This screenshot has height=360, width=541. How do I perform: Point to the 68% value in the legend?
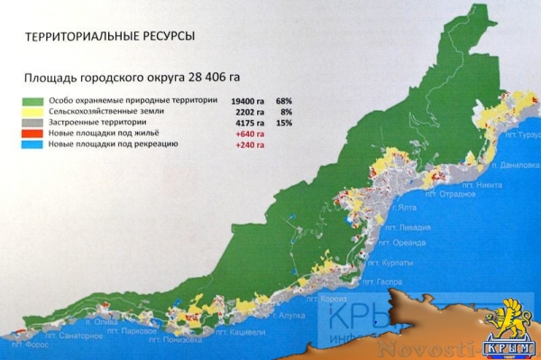coord(284,101)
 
